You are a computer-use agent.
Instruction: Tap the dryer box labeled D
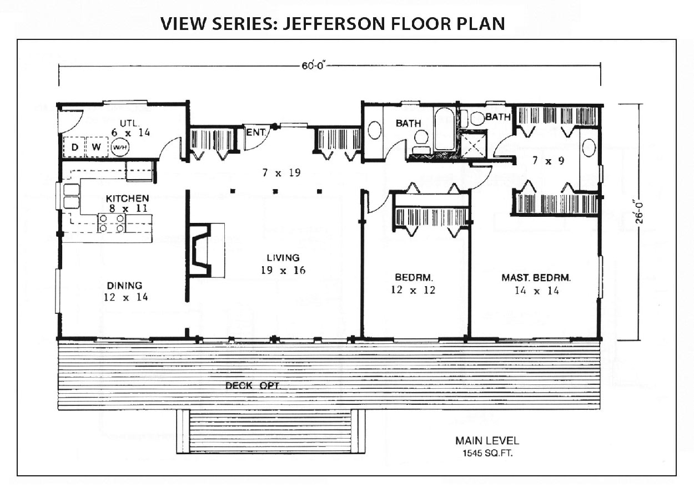tap(74, 147)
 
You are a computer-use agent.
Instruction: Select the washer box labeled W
tap(97, 147)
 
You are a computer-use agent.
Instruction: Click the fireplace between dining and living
tap(205, 250)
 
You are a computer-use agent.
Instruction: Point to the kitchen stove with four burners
tap(111, 223)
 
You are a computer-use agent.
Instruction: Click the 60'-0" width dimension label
tap(313, 65)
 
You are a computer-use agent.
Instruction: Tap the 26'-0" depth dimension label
tap(640, 212)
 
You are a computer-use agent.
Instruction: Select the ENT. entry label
tap(256, 133)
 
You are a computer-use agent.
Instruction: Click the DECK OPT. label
tap(253, 385)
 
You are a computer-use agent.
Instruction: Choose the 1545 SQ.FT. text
tap(487, 454)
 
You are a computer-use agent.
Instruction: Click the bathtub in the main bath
tap(444, 129)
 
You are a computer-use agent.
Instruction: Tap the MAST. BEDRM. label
tap(536, 278)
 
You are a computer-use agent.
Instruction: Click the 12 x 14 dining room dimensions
tap(126, 297)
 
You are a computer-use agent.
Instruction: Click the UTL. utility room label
tap(129, 123)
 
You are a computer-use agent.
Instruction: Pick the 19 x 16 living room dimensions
tap(283, 270)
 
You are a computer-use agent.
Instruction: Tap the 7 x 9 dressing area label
tap(549, 161)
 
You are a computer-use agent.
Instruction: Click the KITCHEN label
tap(127, 198)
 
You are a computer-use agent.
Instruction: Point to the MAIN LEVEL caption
tap(487, 441)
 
